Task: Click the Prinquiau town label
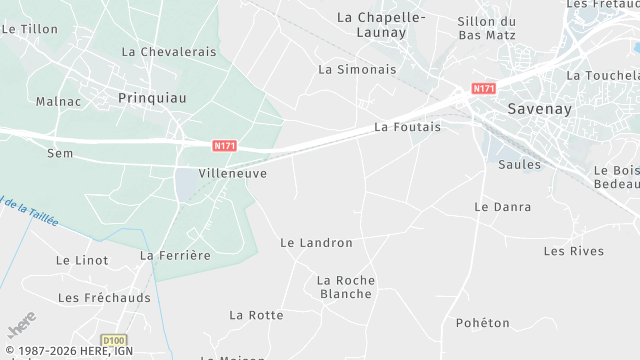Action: (x=152, y=98)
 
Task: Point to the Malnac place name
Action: (x=56, y=101)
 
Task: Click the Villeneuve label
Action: (x=233, y=173)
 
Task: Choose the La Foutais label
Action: (x=407, y=127)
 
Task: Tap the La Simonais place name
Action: (x=357, y=70)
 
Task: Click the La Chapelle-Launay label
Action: (x=381, y=25)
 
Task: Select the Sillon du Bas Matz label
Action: (x=486, y=28)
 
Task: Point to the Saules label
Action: (x=519, y=165)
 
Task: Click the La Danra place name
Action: (x=502, y=207)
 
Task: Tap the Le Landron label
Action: (x=316, y=243)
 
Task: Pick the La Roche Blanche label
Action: (x=345, y=287)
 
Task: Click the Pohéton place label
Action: (x=482, y=323)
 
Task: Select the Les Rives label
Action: (x=574, y=251)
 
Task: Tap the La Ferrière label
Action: (x=175, y=256)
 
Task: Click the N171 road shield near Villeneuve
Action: (x=225, y=145)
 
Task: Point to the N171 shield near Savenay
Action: (x=484, y=89)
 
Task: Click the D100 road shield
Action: (x=115, y=340)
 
